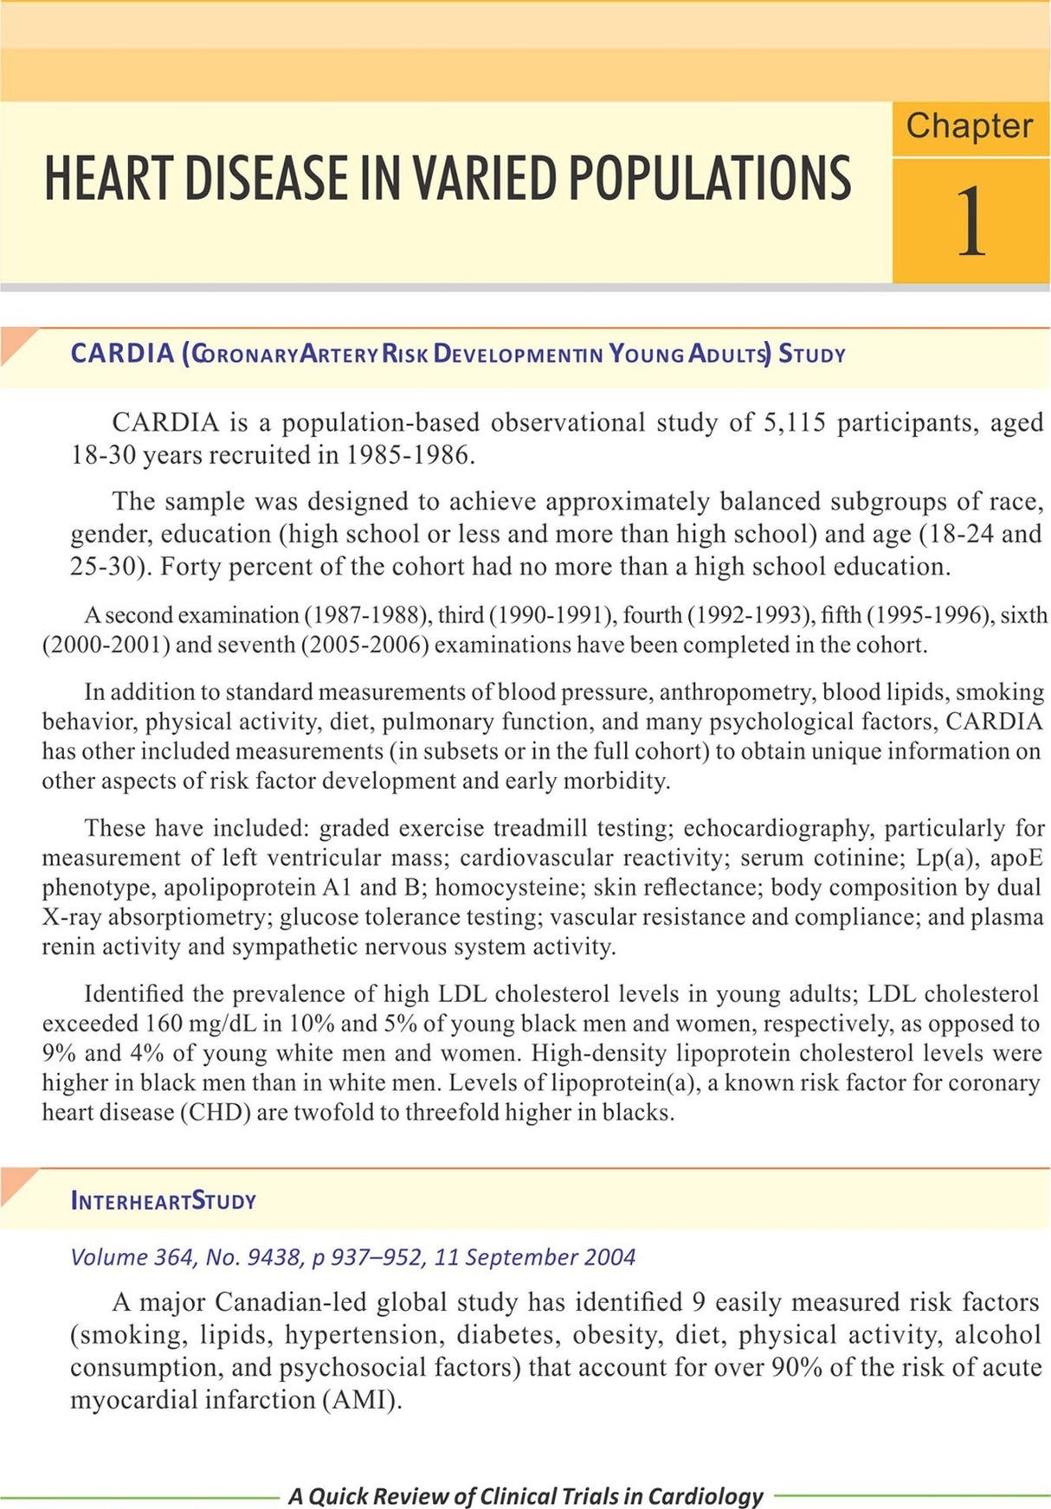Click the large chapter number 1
coord(970,222)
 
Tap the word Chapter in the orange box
coord(969,126)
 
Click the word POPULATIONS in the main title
coord(709,178)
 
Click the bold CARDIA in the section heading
coord(122,354)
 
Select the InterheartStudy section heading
coord(163,1201)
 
